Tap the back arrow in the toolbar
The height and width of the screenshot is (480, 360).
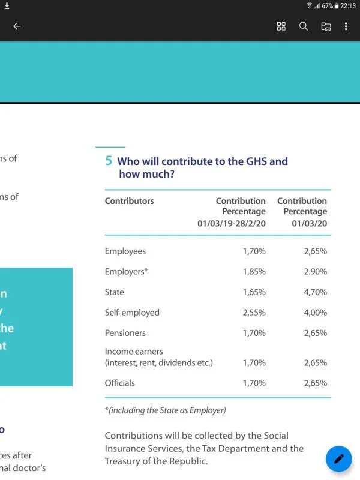17,26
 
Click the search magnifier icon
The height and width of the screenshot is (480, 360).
304,26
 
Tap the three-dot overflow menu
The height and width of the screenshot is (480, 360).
346,26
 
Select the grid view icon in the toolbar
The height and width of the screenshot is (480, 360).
281,26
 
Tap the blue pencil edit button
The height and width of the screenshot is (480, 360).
338,459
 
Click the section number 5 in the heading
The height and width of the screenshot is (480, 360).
109,161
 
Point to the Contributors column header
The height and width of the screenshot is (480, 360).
129,201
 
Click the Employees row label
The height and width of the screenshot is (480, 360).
125,251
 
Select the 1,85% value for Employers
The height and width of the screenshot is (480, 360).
254,272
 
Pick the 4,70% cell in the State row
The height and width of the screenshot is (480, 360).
315,292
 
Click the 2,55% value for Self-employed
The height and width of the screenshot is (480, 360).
254,313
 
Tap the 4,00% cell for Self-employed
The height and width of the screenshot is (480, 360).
315,313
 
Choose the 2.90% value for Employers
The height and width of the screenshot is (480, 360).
315,272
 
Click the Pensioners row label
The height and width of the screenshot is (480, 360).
125,333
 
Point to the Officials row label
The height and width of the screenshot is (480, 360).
120,383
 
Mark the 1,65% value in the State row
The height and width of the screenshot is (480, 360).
254,292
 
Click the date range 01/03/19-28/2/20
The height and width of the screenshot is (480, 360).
232,223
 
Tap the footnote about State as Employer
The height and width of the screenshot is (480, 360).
166,410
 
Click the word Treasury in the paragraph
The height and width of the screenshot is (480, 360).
124,461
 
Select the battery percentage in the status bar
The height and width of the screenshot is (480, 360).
327,5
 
